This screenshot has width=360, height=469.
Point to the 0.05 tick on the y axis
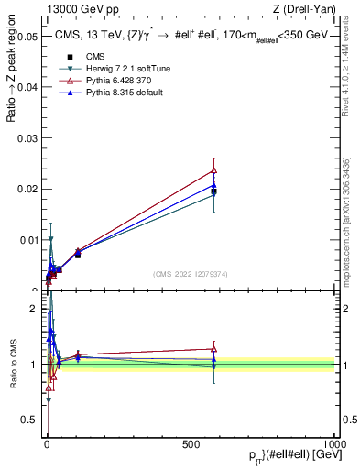point(26,36)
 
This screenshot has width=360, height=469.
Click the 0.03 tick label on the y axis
point(26,137)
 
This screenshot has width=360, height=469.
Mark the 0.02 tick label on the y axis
point(26,189)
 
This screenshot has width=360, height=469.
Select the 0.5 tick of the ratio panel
point(28,420)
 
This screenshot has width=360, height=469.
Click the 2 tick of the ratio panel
point(34,309)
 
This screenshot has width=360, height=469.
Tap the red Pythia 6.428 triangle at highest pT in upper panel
point(213,169)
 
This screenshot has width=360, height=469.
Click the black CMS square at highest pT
point(213,191)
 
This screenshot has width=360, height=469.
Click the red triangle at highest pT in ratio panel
point(213,349)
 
